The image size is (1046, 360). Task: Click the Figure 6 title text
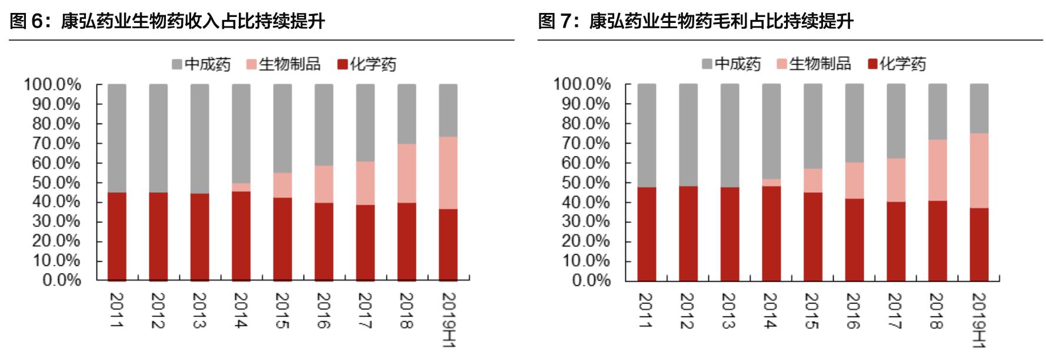point(168,22)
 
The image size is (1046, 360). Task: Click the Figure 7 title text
point(696,22)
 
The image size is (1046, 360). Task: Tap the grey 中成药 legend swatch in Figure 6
point(177,64)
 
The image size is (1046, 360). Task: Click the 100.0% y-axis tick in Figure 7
point(582,84)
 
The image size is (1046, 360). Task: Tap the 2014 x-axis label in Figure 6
point(241,311)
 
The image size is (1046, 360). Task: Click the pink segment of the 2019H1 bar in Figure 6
point(448,173)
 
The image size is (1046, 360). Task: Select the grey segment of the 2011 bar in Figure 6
point(117,138)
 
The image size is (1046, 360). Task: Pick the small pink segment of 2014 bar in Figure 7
point(771,182)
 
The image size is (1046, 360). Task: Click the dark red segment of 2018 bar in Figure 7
point(938,241)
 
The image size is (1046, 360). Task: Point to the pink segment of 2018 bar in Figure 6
point(407,174)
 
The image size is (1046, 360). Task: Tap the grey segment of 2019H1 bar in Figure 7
point(979,108)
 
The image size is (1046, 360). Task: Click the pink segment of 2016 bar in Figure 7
point(854,181)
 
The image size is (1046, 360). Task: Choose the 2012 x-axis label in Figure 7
point(688,311)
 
